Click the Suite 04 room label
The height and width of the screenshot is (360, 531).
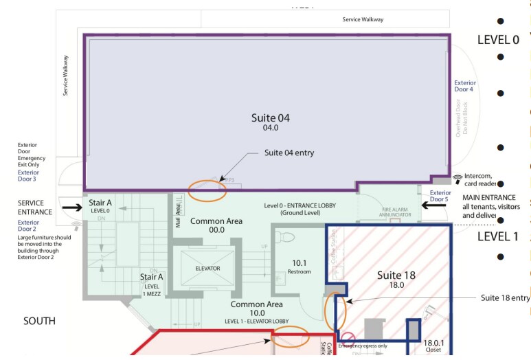coord(270,121)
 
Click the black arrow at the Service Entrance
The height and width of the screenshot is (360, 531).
coord(71,204)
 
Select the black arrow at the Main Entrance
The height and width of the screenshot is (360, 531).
coord(433,204)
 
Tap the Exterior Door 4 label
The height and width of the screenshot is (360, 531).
coord(464,86)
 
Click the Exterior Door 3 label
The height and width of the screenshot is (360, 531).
coord(28,176)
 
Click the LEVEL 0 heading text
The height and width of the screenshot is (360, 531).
coord(498,40)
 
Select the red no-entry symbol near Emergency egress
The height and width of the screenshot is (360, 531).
coord(348,337)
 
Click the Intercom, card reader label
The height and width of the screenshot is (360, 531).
coord(489,179)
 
